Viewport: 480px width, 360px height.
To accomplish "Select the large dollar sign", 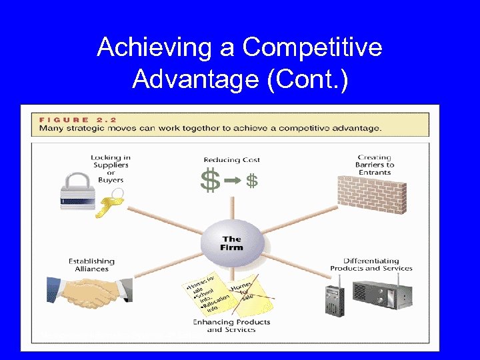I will click(x=210, y=181).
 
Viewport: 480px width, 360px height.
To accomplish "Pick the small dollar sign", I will click(x=252, y=181).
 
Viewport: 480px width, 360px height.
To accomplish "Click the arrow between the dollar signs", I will click(x=232, y=181).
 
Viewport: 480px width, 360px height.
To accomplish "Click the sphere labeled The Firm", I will click(x=231, y=243).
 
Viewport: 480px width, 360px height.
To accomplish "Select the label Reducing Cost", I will click(x=231, y=160).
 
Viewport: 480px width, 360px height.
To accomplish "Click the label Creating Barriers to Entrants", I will click(x=375, y=165).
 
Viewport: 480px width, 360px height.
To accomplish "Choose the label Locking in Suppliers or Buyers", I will click(x=111, y=169).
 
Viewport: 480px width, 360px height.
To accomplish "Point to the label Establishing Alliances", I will click(x=91, y=265).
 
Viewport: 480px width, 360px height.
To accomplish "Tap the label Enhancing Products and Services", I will click(x=231, y=325).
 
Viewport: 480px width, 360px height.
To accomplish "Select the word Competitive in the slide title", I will click(x=312, y=47).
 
